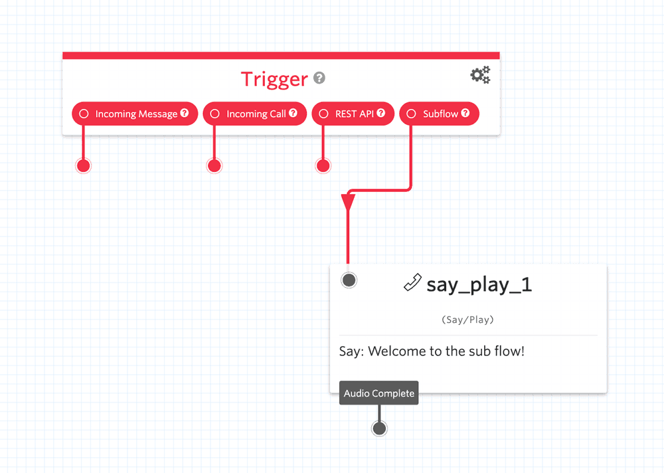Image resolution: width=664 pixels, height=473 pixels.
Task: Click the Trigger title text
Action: (274, 79)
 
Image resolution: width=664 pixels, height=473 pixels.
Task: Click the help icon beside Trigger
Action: (319, 78)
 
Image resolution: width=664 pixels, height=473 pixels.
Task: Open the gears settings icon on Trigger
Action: (480, 75)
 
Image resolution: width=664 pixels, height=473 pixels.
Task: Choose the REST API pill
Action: (353, 114)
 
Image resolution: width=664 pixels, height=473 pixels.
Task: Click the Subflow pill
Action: (439, 114)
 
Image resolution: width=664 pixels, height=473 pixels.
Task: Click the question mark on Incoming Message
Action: (185, 113)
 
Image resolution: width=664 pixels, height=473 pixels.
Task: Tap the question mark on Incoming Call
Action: (293, 113)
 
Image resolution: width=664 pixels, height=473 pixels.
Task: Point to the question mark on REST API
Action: (381, 113)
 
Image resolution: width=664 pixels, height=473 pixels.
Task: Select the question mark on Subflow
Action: (465, 113)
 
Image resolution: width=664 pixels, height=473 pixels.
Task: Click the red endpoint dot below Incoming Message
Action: (83, 165)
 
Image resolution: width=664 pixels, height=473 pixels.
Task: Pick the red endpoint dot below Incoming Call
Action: (214, 165)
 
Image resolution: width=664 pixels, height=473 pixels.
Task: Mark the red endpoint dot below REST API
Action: (323, 165)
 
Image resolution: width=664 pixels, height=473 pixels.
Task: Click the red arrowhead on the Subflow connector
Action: (348, 201)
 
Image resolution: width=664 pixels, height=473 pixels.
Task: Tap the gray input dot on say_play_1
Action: (349, 280)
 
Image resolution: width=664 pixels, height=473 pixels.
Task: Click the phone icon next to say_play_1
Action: (412, 283)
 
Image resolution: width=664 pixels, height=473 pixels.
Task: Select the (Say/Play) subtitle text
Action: (467, 320)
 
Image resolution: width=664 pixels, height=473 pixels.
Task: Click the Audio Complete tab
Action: (378, 393)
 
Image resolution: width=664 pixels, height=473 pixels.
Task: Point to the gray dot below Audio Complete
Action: (379, 428)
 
